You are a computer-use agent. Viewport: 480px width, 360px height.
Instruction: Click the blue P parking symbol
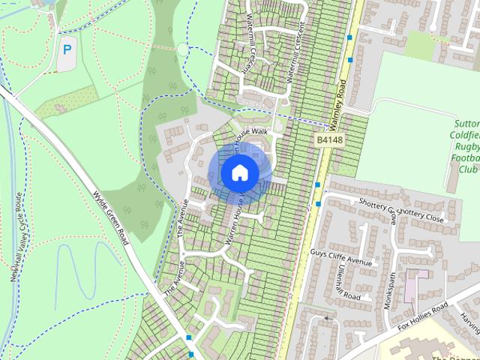(x=67, y=50)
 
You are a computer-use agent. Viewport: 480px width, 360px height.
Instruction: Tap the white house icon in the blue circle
(x=239, y=172)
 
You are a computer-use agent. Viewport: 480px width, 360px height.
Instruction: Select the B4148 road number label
(x=330, y=139)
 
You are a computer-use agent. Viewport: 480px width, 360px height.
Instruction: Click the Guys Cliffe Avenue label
(x=341, y=257)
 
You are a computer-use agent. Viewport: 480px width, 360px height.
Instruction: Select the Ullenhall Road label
(x=349, y=285)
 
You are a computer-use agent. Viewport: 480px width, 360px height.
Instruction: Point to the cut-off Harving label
(x=469, y=322)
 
